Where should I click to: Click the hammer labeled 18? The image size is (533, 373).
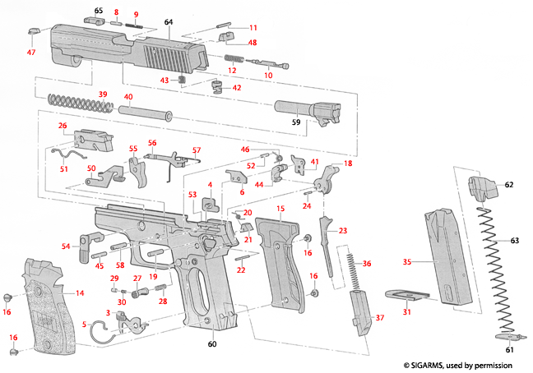(x=334, y=177)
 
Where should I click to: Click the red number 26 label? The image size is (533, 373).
(x=62, y=126)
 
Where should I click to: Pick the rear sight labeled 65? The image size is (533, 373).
(x=90, y=20)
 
